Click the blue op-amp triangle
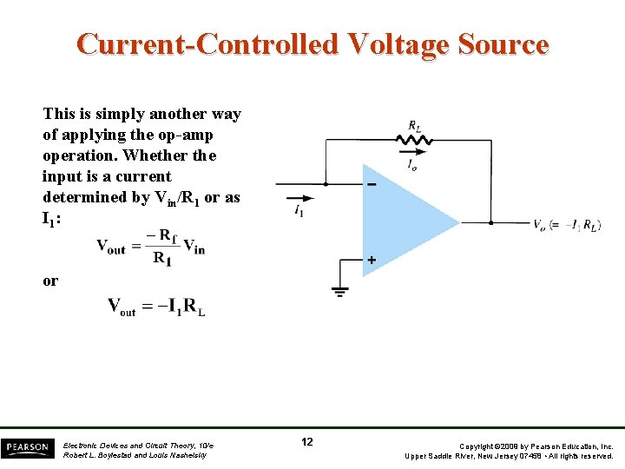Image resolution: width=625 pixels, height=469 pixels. coord(404,221)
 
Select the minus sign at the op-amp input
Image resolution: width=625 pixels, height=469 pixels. coord(372,185)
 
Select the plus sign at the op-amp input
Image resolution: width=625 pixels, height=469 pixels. coord(372,260)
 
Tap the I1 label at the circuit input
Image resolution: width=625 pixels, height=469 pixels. coord(299,209)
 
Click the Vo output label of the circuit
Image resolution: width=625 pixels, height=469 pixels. coord(541,224)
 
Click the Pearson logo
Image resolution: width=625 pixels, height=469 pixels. coord(26,447)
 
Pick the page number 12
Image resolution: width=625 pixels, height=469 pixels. coord(307,442)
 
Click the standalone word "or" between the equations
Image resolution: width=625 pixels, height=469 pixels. coord(50,281)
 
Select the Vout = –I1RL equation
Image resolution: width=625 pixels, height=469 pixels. coord(156,307)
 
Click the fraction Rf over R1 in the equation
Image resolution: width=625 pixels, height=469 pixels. coord(161,247)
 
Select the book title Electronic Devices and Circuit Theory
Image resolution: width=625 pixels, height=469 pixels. coord(138,446)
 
